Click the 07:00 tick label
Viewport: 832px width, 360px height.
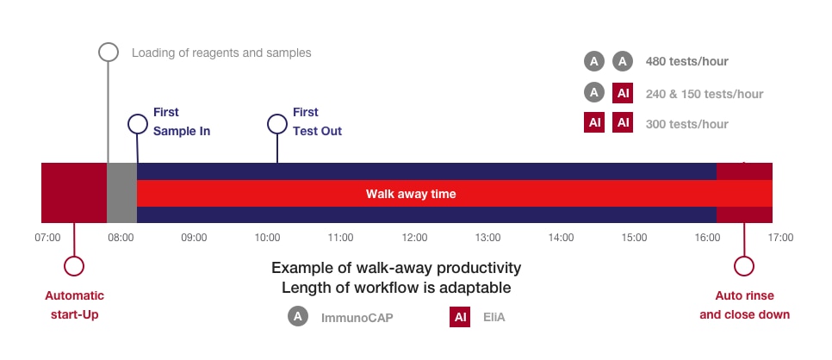47,238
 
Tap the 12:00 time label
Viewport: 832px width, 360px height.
414,238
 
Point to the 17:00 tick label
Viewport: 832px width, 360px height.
781,238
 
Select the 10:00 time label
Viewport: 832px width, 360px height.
267,238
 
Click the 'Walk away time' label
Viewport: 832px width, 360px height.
411,194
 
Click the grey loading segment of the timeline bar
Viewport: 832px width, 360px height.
122,193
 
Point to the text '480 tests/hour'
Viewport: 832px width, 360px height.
686,62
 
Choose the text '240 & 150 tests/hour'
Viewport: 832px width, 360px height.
705,95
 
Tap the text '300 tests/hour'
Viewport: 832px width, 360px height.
686,124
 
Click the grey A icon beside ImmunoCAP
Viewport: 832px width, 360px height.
298,316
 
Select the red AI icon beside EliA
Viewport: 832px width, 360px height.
460,317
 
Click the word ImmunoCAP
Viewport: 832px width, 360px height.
357,318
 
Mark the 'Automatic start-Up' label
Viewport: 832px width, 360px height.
75,305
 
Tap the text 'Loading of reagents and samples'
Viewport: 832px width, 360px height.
221,53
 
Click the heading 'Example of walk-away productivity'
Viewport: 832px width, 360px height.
396,268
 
